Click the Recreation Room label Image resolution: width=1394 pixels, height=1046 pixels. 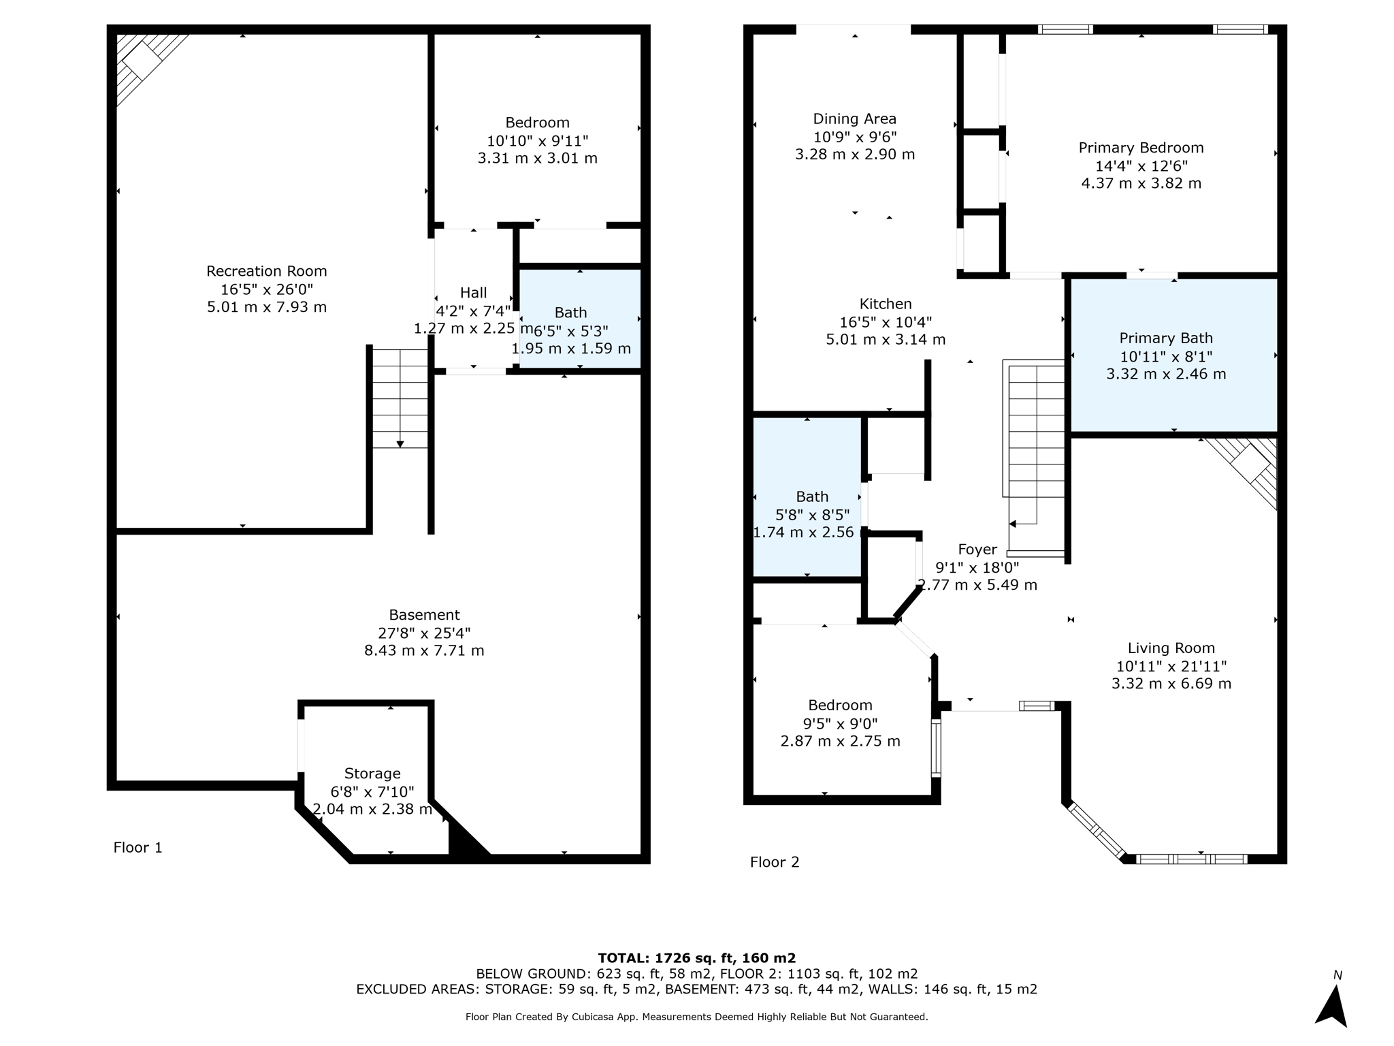267,271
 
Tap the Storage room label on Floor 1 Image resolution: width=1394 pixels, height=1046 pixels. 372,774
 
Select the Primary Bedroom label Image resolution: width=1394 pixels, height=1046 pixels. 1141,148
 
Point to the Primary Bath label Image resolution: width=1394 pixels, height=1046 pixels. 1166,338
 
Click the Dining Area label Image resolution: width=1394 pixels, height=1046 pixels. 855,119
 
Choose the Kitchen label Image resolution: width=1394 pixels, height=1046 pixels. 886,304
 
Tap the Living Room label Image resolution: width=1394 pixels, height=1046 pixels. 1171,648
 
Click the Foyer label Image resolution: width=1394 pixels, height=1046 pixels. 977,550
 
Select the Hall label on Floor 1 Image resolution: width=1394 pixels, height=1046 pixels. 474,293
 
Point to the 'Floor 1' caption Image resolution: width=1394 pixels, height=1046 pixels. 137,848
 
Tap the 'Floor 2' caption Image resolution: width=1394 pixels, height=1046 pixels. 775,862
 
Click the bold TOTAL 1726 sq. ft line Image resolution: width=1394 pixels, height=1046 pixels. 697,958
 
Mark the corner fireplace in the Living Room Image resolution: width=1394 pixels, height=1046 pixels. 1243,471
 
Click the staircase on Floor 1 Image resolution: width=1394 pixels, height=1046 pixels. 400,398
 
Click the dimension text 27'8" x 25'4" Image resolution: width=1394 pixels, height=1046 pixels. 424,633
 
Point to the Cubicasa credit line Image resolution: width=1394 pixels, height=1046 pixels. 697,1017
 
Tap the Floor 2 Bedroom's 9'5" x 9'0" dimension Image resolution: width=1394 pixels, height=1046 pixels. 840,723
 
